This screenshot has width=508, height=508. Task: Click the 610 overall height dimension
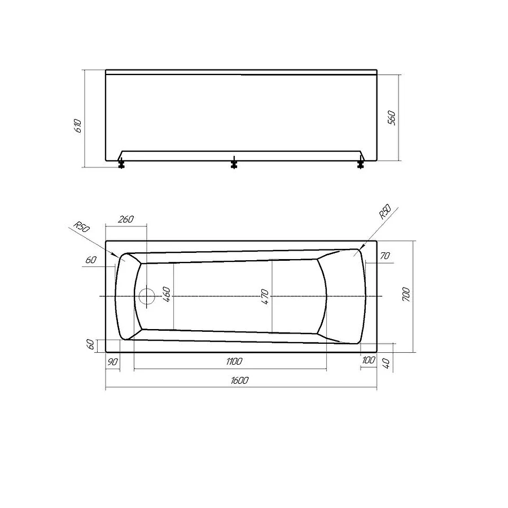tap(79, 125)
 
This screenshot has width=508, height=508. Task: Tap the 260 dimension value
tap(126, 219)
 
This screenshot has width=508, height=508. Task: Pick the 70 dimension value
tap(385, 256)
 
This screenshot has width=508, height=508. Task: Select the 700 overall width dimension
tap(407, 295)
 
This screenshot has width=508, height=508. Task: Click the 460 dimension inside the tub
tap(167, 295)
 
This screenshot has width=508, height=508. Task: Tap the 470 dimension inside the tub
tap(265, 295)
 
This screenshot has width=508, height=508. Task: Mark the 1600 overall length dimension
tap(239, 380)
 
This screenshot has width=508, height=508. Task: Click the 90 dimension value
tap(113, 361)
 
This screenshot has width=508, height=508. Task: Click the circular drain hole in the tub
tap(147, 296)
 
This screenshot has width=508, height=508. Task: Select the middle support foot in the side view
tap(234, 164)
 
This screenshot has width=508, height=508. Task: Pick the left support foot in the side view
tap(121, 164)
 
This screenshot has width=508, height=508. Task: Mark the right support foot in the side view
tap(361, 164)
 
